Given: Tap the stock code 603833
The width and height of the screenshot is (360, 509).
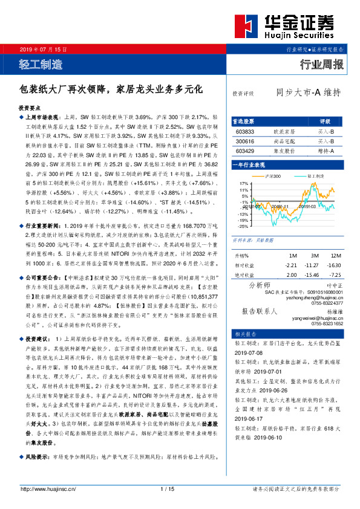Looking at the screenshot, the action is (x=244, y=131).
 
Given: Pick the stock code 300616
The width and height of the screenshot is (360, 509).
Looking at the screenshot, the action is (x=244, y=141).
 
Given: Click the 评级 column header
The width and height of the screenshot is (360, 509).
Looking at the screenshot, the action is (x=325, y=122).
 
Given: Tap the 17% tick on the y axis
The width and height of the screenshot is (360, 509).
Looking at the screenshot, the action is (x=243, y=183).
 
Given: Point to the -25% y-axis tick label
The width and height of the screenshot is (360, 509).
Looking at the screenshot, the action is (x=243, y=226).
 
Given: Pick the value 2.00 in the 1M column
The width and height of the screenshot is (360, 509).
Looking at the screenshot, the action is (x=292, y=275).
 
